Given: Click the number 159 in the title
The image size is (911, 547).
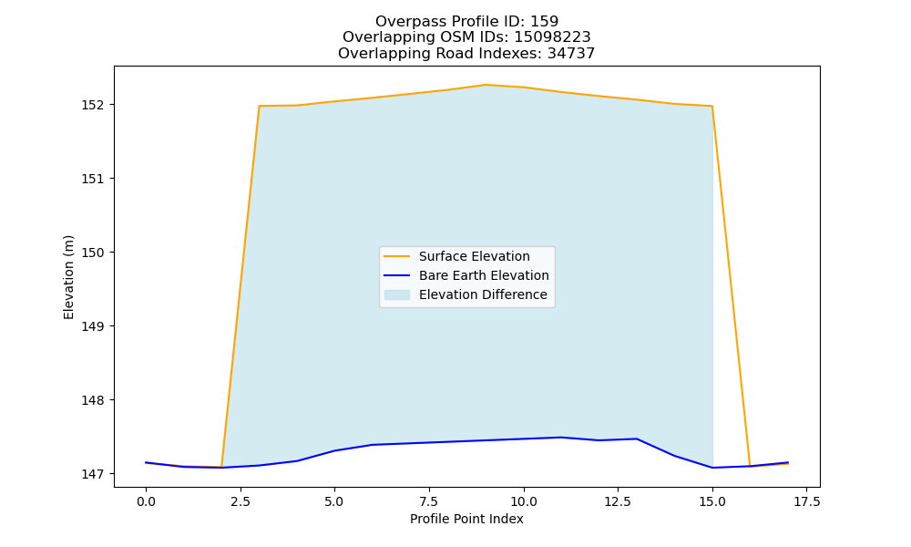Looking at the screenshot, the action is pyautogui.click(x=545, y=22).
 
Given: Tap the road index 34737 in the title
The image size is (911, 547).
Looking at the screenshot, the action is pyautogui.click(x=571, y=54).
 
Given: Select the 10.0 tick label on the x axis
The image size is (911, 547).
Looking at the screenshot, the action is pyautogui.click(x=524, y=501).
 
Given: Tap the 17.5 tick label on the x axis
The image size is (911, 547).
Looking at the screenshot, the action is pyautogui.click(x=807, y=501).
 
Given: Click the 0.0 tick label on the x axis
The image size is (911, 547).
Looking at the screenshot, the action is pyautogui.click(x=146, y=501).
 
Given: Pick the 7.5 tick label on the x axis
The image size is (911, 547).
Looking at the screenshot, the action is pyautogui.click(x=429, y=501).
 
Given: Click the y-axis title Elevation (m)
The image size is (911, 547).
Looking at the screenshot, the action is pyautogui.click(x=68, y=277).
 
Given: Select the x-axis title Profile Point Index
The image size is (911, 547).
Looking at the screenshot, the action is pyautogui.click(x=466, y=519).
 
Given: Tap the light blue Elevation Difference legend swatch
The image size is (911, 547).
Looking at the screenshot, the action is pyautogui.click(x=397, y=294).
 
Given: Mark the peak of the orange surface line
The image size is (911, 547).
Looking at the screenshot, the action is pyautogui.click(x=486, y=85).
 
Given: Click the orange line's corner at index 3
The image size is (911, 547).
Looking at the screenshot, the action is pyautogui.click(x=259, y=106).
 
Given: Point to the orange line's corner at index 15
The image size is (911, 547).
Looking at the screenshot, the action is pyautogui.click(x=712, y=106).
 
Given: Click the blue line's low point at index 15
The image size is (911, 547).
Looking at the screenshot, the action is pyautogui.click(x=712, y=468).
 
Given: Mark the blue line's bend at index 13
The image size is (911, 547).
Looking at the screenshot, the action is pyautogui.click(x=637, y=439).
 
